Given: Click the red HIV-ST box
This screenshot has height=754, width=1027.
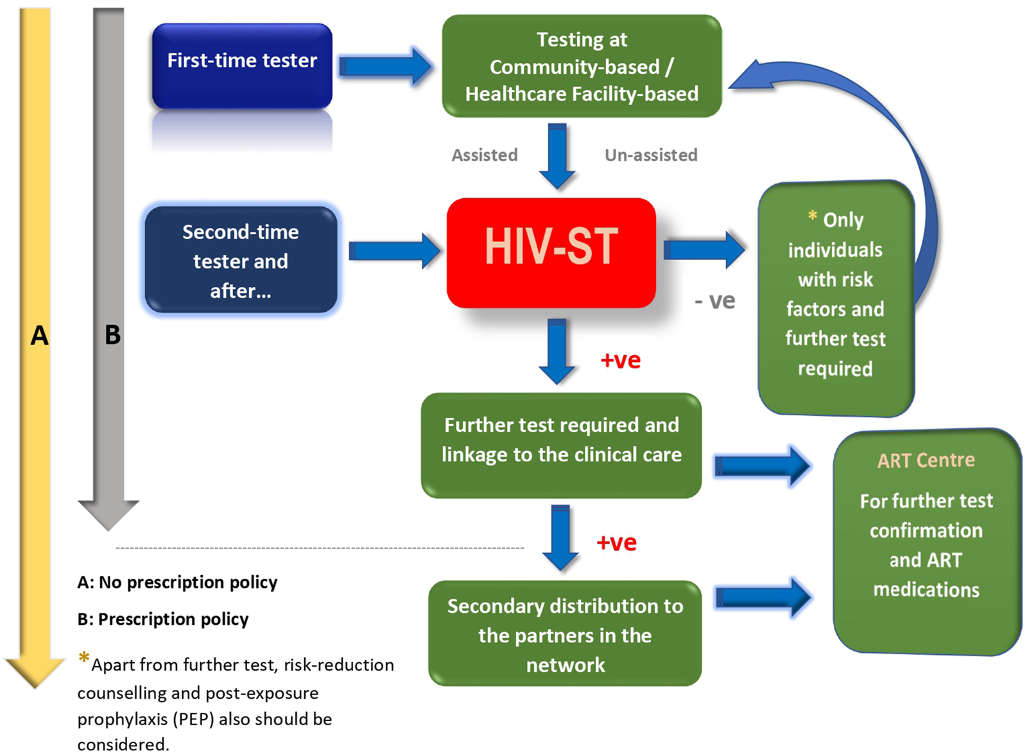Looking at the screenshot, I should [551, 252].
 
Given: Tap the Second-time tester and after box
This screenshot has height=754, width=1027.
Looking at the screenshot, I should [241, 261].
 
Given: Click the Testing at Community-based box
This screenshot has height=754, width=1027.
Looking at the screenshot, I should [582, 66].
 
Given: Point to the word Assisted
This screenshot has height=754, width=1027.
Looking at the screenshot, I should [485, 155].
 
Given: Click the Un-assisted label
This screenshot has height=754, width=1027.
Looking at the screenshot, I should [651, 155].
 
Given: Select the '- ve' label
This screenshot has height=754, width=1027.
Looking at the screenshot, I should [714, 300].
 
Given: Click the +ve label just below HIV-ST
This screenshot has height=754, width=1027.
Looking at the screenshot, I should [620, 360].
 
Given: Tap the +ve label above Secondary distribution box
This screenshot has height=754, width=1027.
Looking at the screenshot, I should [616, 543].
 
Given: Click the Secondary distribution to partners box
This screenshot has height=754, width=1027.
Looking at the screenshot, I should [565, 634].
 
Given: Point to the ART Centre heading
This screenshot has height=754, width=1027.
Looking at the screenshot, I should [926, 460].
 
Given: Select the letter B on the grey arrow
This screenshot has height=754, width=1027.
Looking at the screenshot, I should [112, 335].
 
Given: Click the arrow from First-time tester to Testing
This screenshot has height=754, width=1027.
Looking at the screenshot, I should [385, 66].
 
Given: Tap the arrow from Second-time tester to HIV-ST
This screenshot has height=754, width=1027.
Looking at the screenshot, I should [394, 250].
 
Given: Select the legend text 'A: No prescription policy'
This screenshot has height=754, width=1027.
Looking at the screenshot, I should [177, 582].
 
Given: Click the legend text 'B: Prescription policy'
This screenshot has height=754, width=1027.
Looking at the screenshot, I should [163, 619].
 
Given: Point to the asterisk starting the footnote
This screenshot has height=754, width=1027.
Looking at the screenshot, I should [83, 658].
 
